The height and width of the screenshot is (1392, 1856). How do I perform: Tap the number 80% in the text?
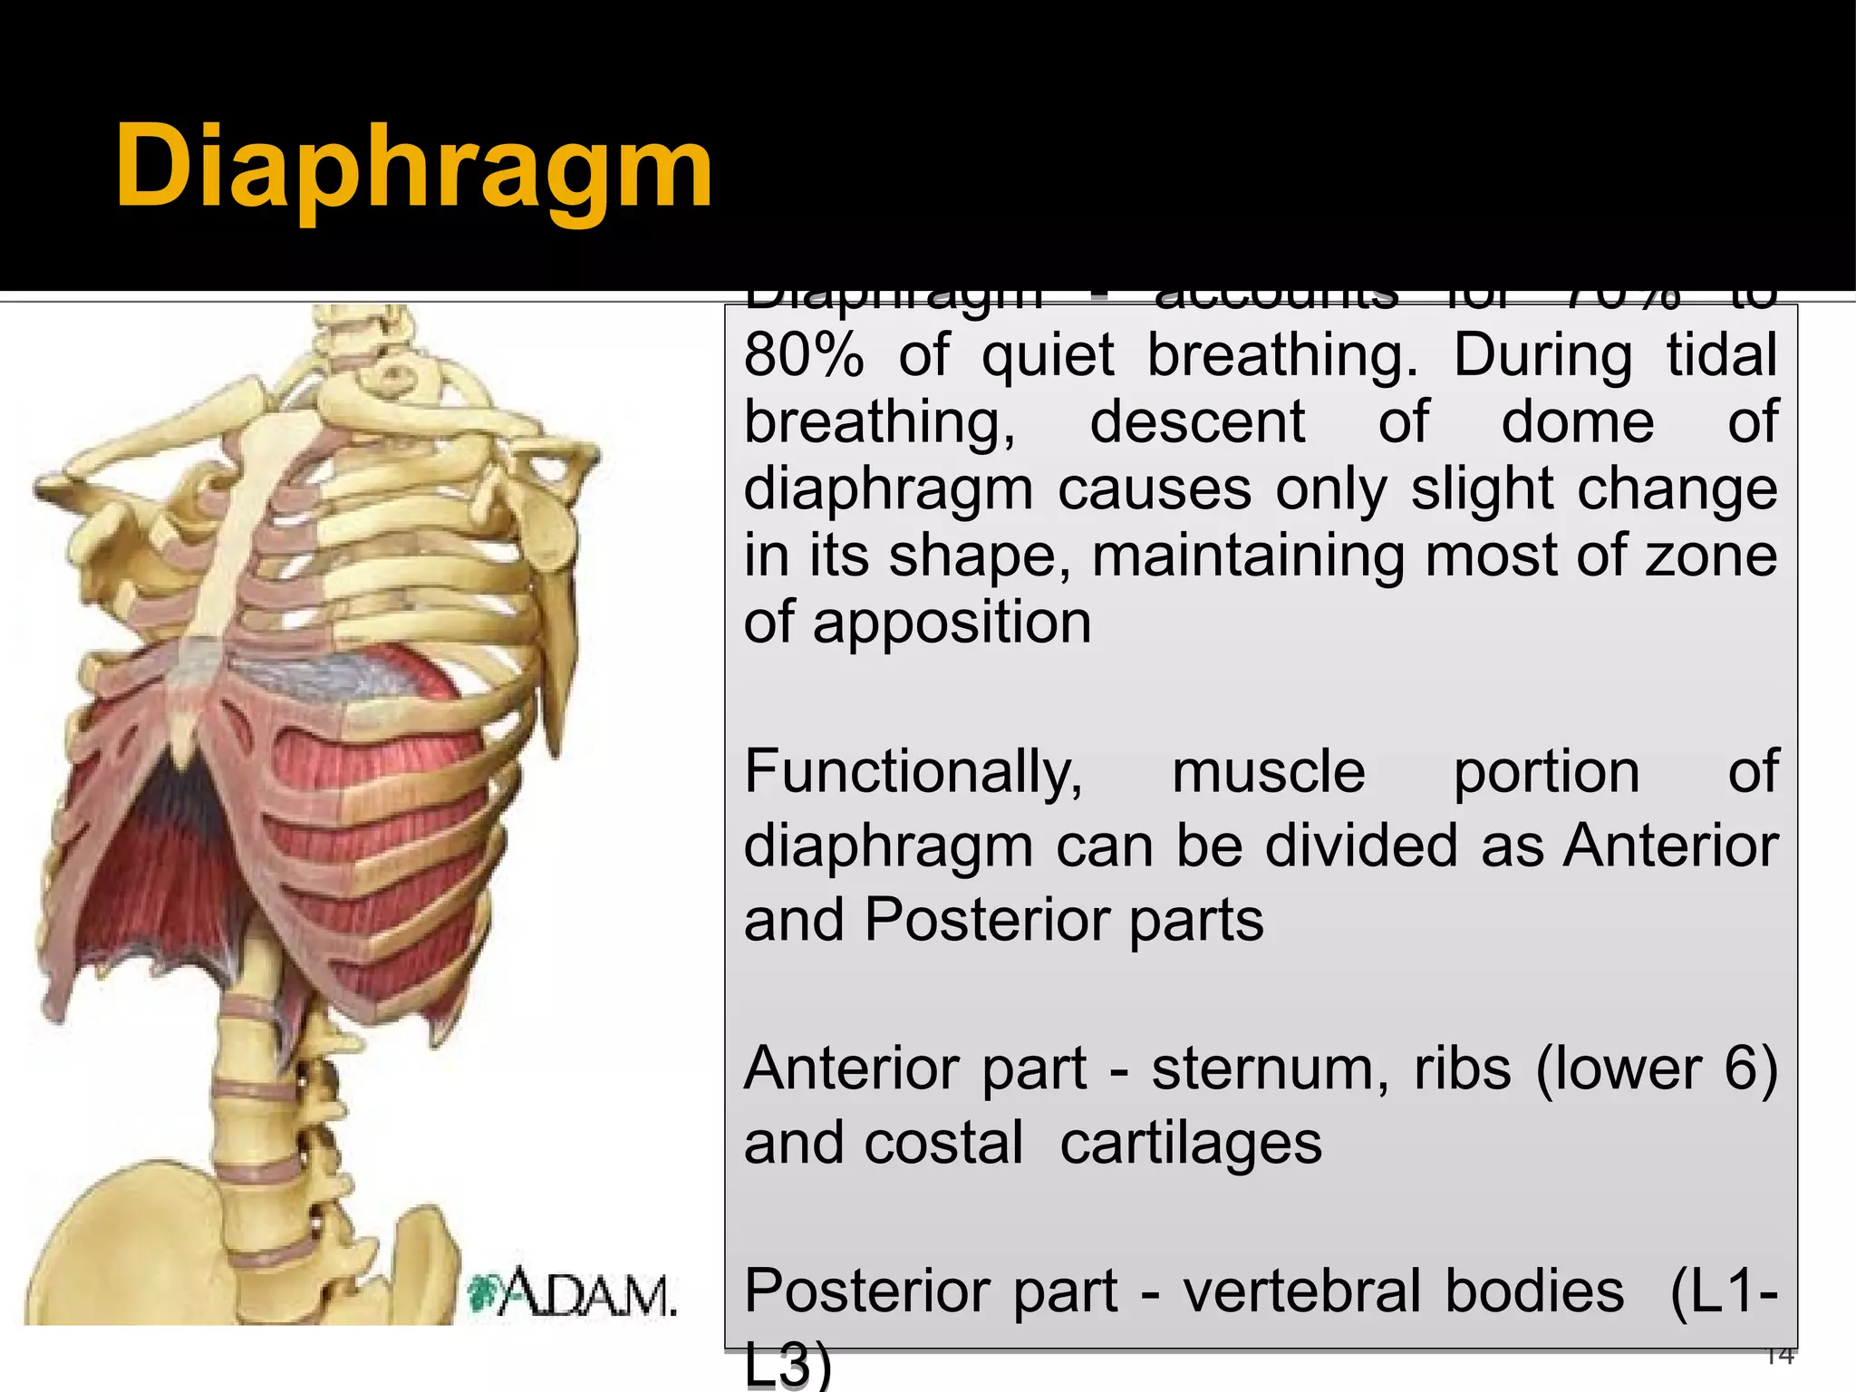click(803, 355)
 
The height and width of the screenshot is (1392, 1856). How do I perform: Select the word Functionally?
click(913, 773)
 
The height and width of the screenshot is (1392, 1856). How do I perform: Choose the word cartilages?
click(1191, 1144)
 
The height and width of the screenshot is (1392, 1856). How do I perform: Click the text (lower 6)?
click(1657, 1069)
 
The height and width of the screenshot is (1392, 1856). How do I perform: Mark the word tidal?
click(1722, 355)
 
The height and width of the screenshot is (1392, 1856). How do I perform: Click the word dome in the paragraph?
click(1578, 422)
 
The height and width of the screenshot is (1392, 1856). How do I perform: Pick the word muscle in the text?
click(1268, 773)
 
